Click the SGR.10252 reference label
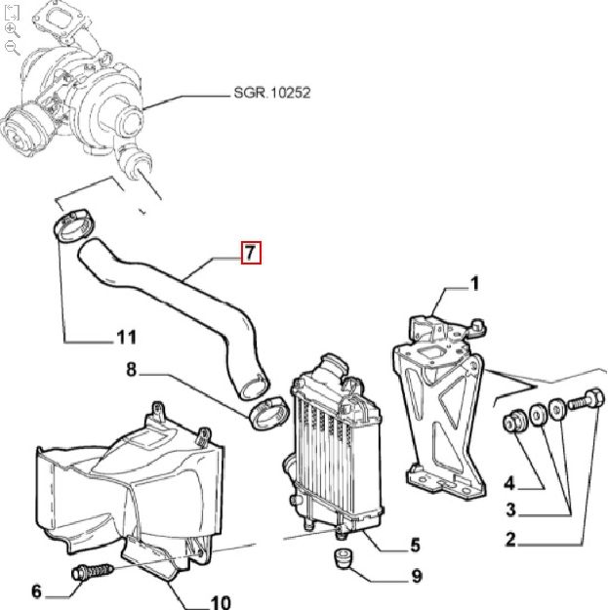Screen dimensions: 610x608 (x=271, y=94)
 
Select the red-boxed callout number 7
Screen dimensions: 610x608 (x=252, y=254)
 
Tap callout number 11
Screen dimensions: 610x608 (x=125, y=338)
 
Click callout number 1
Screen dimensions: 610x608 (x=474, y=284)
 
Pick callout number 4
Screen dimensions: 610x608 (x=508, y=481)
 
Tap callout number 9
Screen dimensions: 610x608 (x=416, y=577)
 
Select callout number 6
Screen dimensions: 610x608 (x=37, y=590)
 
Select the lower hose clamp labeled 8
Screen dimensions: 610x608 (x=266, y=413)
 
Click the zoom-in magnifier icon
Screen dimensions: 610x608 (x=12, y=29)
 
